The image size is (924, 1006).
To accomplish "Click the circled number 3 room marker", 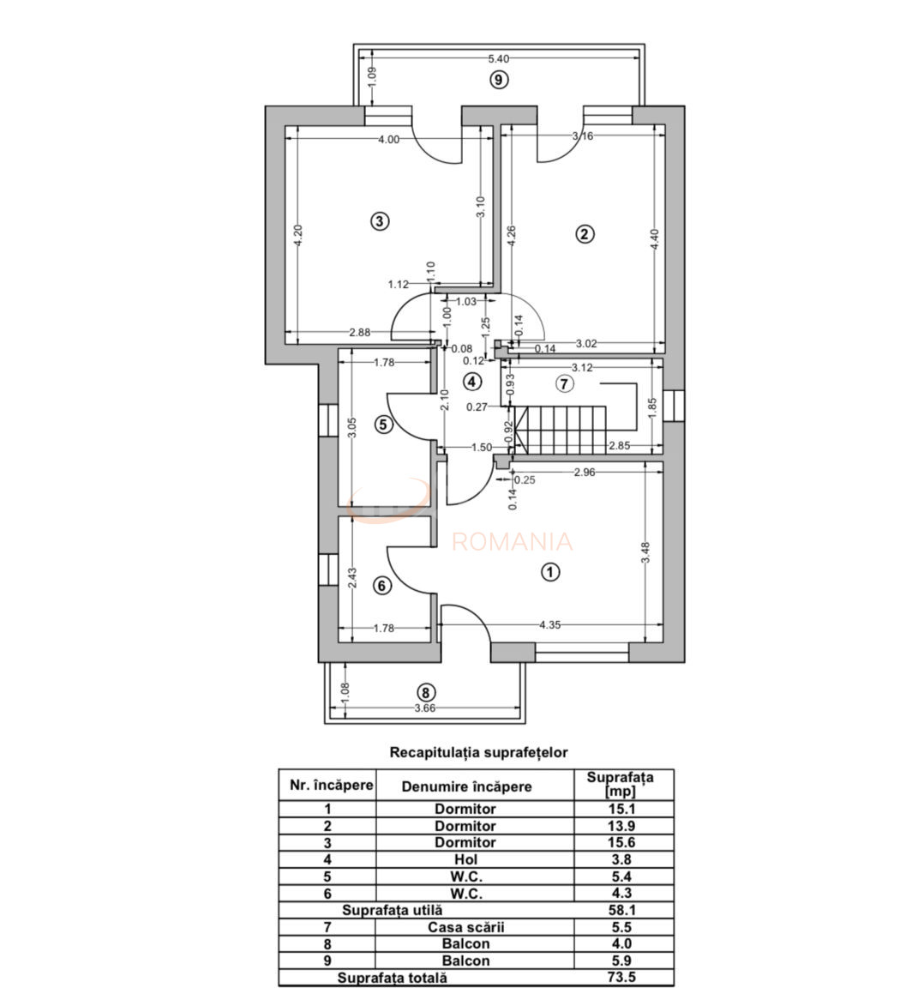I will [380, 220].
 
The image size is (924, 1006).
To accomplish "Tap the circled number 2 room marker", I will [585, 233].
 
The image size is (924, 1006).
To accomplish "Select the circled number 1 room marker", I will [550, 571].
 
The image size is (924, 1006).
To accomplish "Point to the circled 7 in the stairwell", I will [563, 383].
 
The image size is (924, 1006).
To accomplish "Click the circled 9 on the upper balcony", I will [499, 80].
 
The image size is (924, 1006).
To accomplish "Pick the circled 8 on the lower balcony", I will [423, 692].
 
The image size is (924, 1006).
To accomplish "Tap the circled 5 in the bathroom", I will [382, 424].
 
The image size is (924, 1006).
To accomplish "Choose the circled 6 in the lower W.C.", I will [382, 586].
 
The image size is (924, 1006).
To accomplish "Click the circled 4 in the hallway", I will [471, 381].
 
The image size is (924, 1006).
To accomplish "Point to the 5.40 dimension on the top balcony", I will [498, 59].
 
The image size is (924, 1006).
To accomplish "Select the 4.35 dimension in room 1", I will [549, 625].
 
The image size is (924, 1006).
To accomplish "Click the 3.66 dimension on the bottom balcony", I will [424, 708].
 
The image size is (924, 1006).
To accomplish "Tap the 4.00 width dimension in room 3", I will [388, 139].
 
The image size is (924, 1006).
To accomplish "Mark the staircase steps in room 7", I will [566, 431].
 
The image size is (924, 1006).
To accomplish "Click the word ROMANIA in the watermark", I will [512, 542].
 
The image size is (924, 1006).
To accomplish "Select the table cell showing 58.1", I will [623, 910].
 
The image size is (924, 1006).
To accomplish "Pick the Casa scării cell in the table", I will [466, 927].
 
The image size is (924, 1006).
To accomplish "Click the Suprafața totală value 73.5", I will [623, 977].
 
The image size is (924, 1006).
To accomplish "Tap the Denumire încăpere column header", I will [466, 786].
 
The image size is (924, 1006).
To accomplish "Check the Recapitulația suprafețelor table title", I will [478, 752].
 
